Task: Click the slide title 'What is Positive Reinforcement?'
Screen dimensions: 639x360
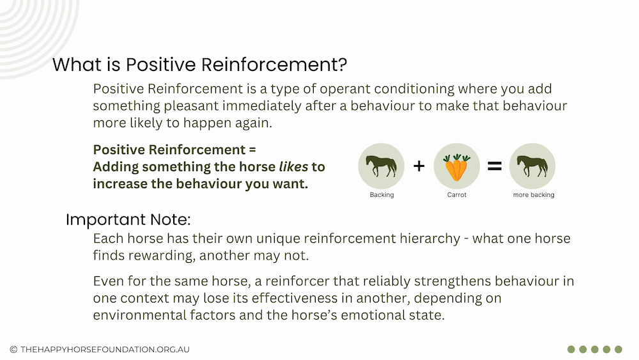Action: pyautogui.click(x=199, y=65)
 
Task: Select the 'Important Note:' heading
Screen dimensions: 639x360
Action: pyautogui.click(x=128, y=220)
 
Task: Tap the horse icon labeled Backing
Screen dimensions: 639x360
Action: pyautogui.click(x=381, y=166)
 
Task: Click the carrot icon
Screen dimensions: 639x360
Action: pyautogui.click(x=456, y=167)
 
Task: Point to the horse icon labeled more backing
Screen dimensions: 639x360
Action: pyautogui.click(x=532, y=166)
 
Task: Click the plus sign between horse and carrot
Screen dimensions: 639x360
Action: pyautogui.click(x=419, y=166)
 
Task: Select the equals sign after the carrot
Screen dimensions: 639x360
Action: pyautogui.click(x=495, y=166)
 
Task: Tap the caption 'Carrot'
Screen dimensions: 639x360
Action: pyautogui.click(x=456, y=195)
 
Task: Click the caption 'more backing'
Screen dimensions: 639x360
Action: pyautogui.click(x=534, y=195)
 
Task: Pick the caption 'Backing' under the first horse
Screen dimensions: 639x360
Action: pyautogui.click(x=382, y=195)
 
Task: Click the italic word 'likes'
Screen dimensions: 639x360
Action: pyautogui.click(x=293, y=167)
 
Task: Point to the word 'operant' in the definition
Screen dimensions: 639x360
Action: pyautogui.click(x=345, y=90)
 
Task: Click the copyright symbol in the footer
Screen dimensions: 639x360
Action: pyautogui.click(x=13, y=349)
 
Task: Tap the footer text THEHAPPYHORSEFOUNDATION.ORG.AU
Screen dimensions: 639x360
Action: pyautogui.click(x=105, y=349)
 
